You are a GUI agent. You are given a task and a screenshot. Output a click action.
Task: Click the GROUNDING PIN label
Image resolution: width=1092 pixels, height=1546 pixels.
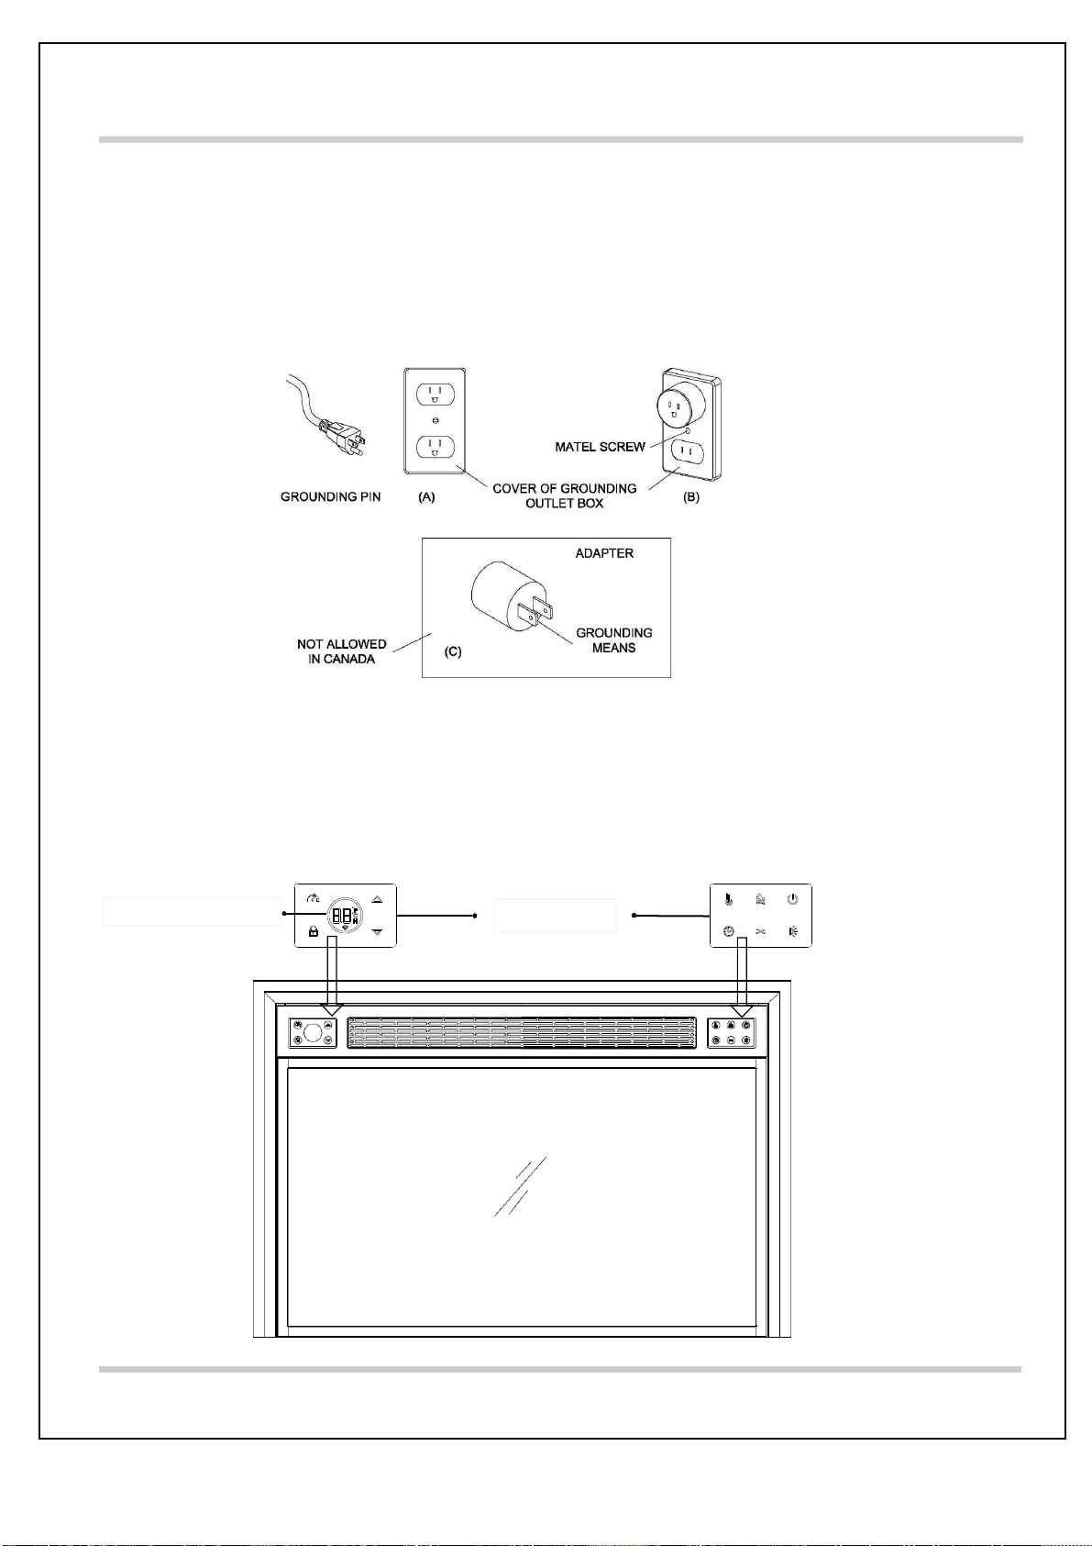pyautogui.click(x=330, y=497)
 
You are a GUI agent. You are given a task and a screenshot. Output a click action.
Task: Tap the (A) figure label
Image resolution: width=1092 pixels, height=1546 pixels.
pyautogui.click(x=427, y=497)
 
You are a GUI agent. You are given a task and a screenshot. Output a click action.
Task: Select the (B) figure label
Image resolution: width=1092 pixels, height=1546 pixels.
pyautogui.click(x=691, y=497)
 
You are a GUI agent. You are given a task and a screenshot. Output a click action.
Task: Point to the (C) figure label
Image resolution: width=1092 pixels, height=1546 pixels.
pyautogui.click(x=453, y=651)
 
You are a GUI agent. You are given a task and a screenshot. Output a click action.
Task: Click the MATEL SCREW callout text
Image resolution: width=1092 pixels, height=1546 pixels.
pyautogui.click(x=601, y=447)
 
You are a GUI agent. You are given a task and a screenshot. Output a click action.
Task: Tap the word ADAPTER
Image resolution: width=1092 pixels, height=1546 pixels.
pyautogui.click(x=604, y=553)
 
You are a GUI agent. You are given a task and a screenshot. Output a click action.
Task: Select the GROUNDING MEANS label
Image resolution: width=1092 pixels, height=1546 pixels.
pyautogui.click(x=614, y=640)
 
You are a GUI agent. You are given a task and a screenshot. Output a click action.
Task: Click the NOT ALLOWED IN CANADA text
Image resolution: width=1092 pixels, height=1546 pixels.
pyautogui.click(x=341, y=651)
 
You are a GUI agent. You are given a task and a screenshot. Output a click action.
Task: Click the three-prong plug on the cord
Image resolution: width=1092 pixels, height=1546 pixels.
pyautogui.click(x=347, y=440)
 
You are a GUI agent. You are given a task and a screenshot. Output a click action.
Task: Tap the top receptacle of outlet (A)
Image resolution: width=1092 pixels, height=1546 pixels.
pyautogui.click(x=436, y=395)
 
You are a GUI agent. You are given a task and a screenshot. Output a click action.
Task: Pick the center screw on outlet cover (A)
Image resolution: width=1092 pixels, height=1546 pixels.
pyautogui.click(x=436, y=420)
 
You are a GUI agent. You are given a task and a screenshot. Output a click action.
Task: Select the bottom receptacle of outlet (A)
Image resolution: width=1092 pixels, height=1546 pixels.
pyautogui.click(x=436, y=447)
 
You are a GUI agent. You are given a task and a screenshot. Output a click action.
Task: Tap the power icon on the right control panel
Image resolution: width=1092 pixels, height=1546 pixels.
pyautogui.click(x=792, y=899)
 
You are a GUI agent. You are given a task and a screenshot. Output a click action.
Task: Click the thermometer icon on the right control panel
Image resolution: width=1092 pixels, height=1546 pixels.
pyautogui.click(x=729, y=899)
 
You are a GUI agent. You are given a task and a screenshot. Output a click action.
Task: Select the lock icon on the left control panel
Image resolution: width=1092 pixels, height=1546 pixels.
pyautogui.click(x=314, y=932)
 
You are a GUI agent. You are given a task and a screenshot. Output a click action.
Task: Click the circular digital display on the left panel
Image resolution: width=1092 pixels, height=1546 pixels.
pyautogui.click(x=344, y=916)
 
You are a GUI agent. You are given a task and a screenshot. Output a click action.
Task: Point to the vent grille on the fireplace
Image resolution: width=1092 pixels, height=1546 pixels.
pyautogui.click(x=522, y=1032)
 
